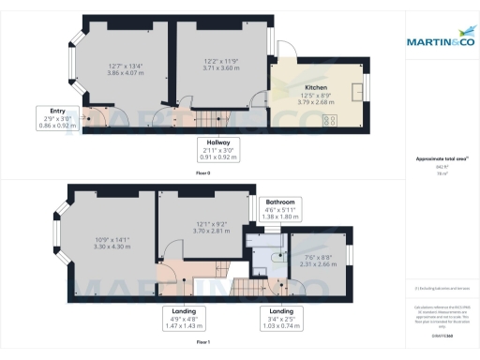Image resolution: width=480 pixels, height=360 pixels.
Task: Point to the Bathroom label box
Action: [x=281, y=209]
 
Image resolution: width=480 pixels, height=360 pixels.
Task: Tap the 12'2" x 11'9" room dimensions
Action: [x=222, y=65]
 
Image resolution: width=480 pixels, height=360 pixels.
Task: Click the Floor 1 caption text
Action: [x=202, y=343]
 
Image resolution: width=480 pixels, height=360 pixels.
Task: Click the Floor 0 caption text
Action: [x=202, y=172]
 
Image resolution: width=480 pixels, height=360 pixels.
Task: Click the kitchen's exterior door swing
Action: [x=284, y=51]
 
